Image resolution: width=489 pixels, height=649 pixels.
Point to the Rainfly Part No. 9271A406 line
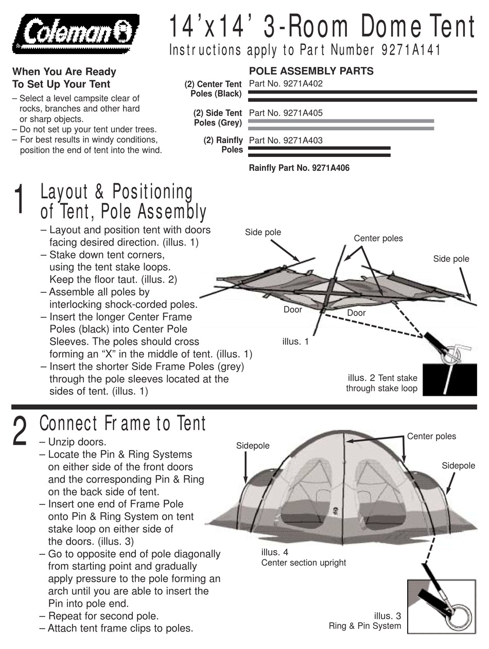tap(299, 168)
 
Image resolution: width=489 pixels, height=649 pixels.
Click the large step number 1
tap(19, 200)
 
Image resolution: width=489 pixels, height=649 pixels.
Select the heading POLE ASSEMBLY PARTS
tap(311, 71)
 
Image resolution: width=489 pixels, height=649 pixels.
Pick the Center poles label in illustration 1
tap(378, 238)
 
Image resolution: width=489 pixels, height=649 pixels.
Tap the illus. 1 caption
tap(295, 341)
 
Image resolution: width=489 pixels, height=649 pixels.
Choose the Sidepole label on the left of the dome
tap(253, 446)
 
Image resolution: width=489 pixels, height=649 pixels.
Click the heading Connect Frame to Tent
tap(123, 424)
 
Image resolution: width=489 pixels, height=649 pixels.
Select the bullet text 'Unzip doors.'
tap(77, 442)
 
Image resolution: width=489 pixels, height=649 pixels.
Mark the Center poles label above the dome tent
tap(431, 436)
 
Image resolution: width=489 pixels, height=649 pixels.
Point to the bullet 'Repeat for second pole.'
tap(103, 616)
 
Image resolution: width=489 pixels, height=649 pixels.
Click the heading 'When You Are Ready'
tap(64, 72)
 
